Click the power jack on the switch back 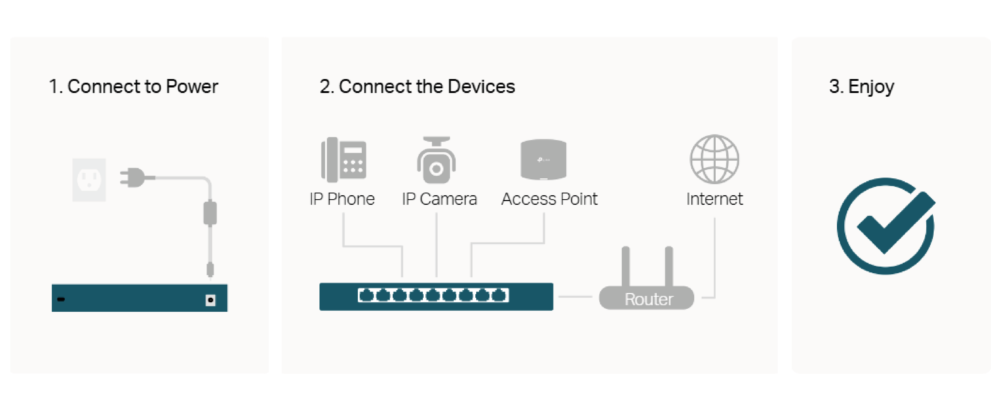210,300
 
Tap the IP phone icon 344,159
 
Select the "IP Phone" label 342,199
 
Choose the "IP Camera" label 439,199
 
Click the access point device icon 543,159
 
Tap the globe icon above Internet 714,159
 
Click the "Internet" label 714,199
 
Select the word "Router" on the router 649,299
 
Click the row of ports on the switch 433,295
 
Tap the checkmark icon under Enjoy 886,226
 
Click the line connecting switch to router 575,297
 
